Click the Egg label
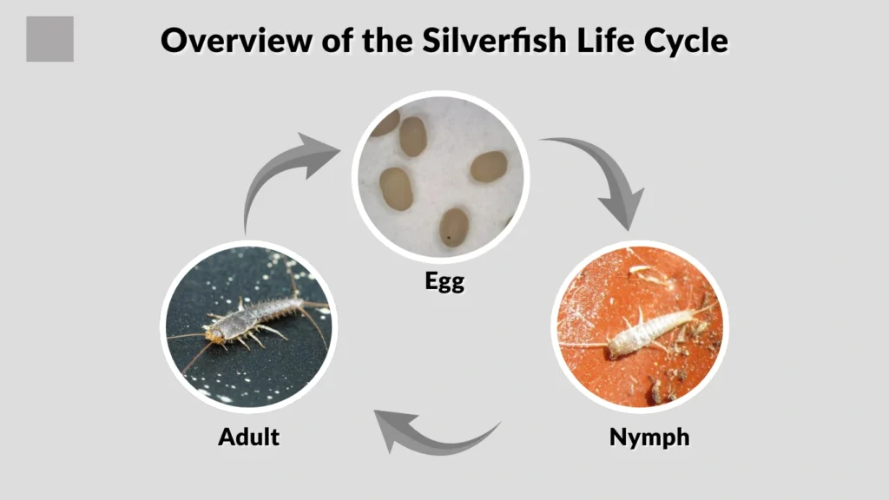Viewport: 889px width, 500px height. (444, 280)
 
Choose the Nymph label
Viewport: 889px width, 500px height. (649, 437)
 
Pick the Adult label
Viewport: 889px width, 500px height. (248, 436)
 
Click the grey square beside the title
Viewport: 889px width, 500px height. (49, 39)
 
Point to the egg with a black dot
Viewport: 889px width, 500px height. (452, 227)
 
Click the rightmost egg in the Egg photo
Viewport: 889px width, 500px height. (490, 167)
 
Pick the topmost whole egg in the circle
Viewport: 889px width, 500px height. (412, 135)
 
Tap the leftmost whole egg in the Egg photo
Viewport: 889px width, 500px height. (396, 188)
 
